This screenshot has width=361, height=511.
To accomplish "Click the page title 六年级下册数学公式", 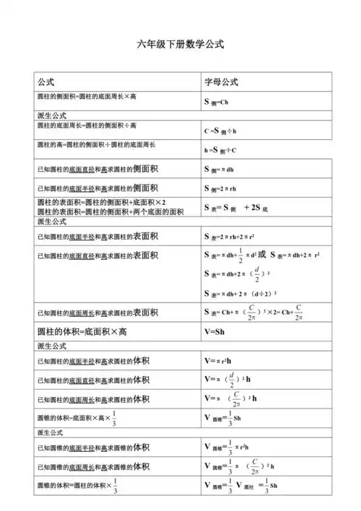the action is [180, 45].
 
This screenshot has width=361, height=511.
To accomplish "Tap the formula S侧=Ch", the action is [217, 102].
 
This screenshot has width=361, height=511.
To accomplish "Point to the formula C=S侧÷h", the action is [220, 132].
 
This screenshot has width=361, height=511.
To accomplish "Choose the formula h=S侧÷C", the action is [220, 150].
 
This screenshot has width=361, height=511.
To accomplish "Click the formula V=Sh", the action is [216, 331].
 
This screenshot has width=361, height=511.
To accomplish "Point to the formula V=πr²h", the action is [220, 360].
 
